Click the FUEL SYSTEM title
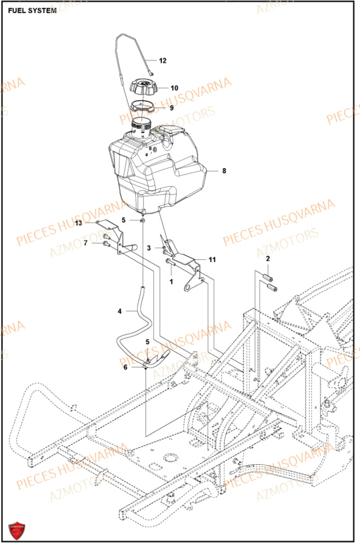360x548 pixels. point(32,10)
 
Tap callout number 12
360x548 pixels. point(162,61)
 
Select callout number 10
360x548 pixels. point(174,88)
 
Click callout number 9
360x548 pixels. point(171,108)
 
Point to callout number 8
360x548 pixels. point(224,171)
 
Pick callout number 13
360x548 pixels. point(78,223)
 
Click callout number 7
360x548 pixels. point(85,242)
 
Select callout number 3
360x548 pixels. point(148,248)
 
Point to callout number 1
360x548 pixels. point(171,282)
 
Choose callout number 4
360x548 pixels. point(119,311)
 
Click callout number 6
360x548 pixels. point(125,367)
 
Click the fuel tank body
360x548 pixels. point(159,170)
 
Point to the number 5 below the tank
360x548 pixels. point(124,220)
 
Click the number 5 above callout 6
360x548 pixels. point(147,342)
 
